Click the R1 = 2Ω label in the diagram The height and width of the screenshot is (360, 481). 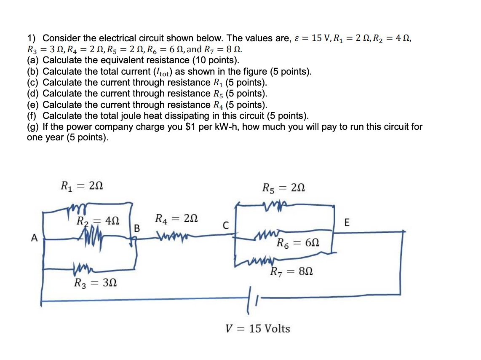pyautogui.click(x=82, y=185)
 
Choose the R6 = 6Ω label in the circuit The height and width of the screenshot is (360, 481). pyautogui.click(x=298, y=243)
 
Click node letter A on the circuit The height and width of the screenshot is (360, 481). pyautogui.click(x=34, y=238)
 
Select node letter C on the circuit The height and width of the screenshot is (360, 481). pyautogui.click(x=226, y=226)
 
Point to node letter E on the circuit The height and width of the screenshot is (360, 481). pyautogui.click(x=346, y=223)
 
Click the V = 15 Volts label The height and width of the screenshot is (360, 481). pyautogui.click(x=258, y=328)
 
